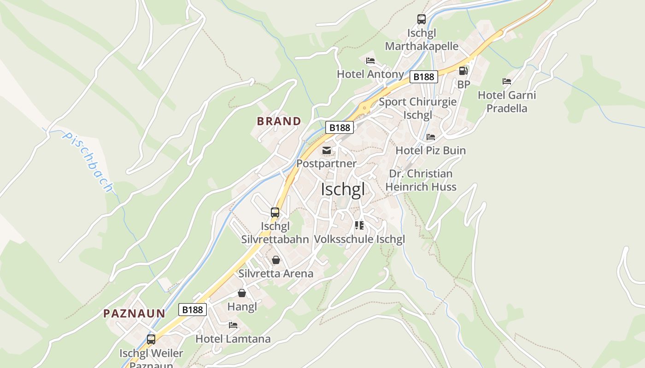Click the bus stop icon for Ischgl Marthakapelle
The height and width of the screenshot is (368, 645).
pos(422,19)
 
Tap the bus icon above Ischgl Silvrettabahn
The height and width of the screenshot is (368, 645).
pos(275,213)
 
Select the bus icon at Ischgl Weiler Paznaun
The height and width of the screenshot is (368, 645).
pos(151,339)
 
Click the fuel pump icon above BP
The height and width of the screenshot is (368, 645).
pos(463,71)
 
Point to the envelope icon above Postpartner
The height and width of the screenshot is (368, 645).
pos(327,150)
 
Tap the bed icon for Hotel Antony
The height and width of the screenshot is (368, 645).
pos(370,61)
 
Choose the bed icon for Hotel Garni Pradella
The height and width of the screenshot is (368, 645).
pos(507,81)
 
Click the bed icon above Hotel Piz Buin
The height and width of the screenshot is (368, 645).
pos(431,137)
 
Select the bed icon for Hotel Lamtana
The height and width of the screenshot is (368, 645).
pos(233,325)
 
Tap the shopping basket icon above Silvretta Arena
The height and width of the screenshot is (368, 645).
pos(276,260)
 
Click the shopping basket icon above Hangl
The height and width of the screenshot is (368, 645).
pos(242,293)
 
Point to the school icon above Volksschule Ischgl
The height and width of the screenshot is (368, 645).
pos(359,225)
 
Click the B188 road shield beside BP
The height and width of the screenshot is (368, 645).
pos(423,77)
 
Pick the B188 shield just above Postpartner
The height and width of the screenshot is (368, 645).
pos(340,127)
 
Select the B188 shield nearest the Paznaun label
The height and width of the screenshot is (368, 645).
pos(193,310)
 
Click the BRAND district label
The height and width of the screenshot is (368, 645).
pos(279,121)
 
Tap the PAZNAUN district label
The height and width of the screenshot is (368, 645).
pos(134,314)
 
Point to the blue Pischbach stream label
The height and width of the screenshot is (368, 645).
pos(88,162)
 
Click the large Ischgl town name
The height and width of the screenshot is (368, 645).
pos(342,189)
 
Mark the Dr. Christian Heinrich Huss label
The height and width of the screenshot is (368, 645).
pos(421,180)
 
